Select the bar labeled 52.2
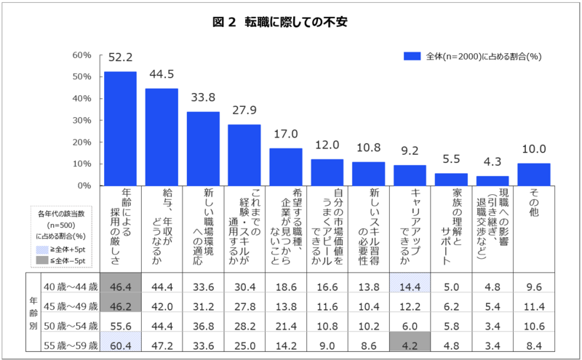pos(120,128)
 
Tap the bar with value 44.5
pos(162,137)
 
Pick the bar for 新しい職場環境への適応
pos(203,148)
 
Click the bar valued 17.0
pos(286,167)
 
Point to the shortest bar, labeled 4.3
pos(493,180)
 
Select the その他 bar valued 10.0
pos(533,174)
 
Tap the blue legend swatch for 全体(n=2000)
pos(412,56)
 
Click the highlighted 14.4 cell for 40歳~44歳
pos(410,287)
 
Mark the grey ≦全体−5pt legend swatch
pos(45,260)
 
